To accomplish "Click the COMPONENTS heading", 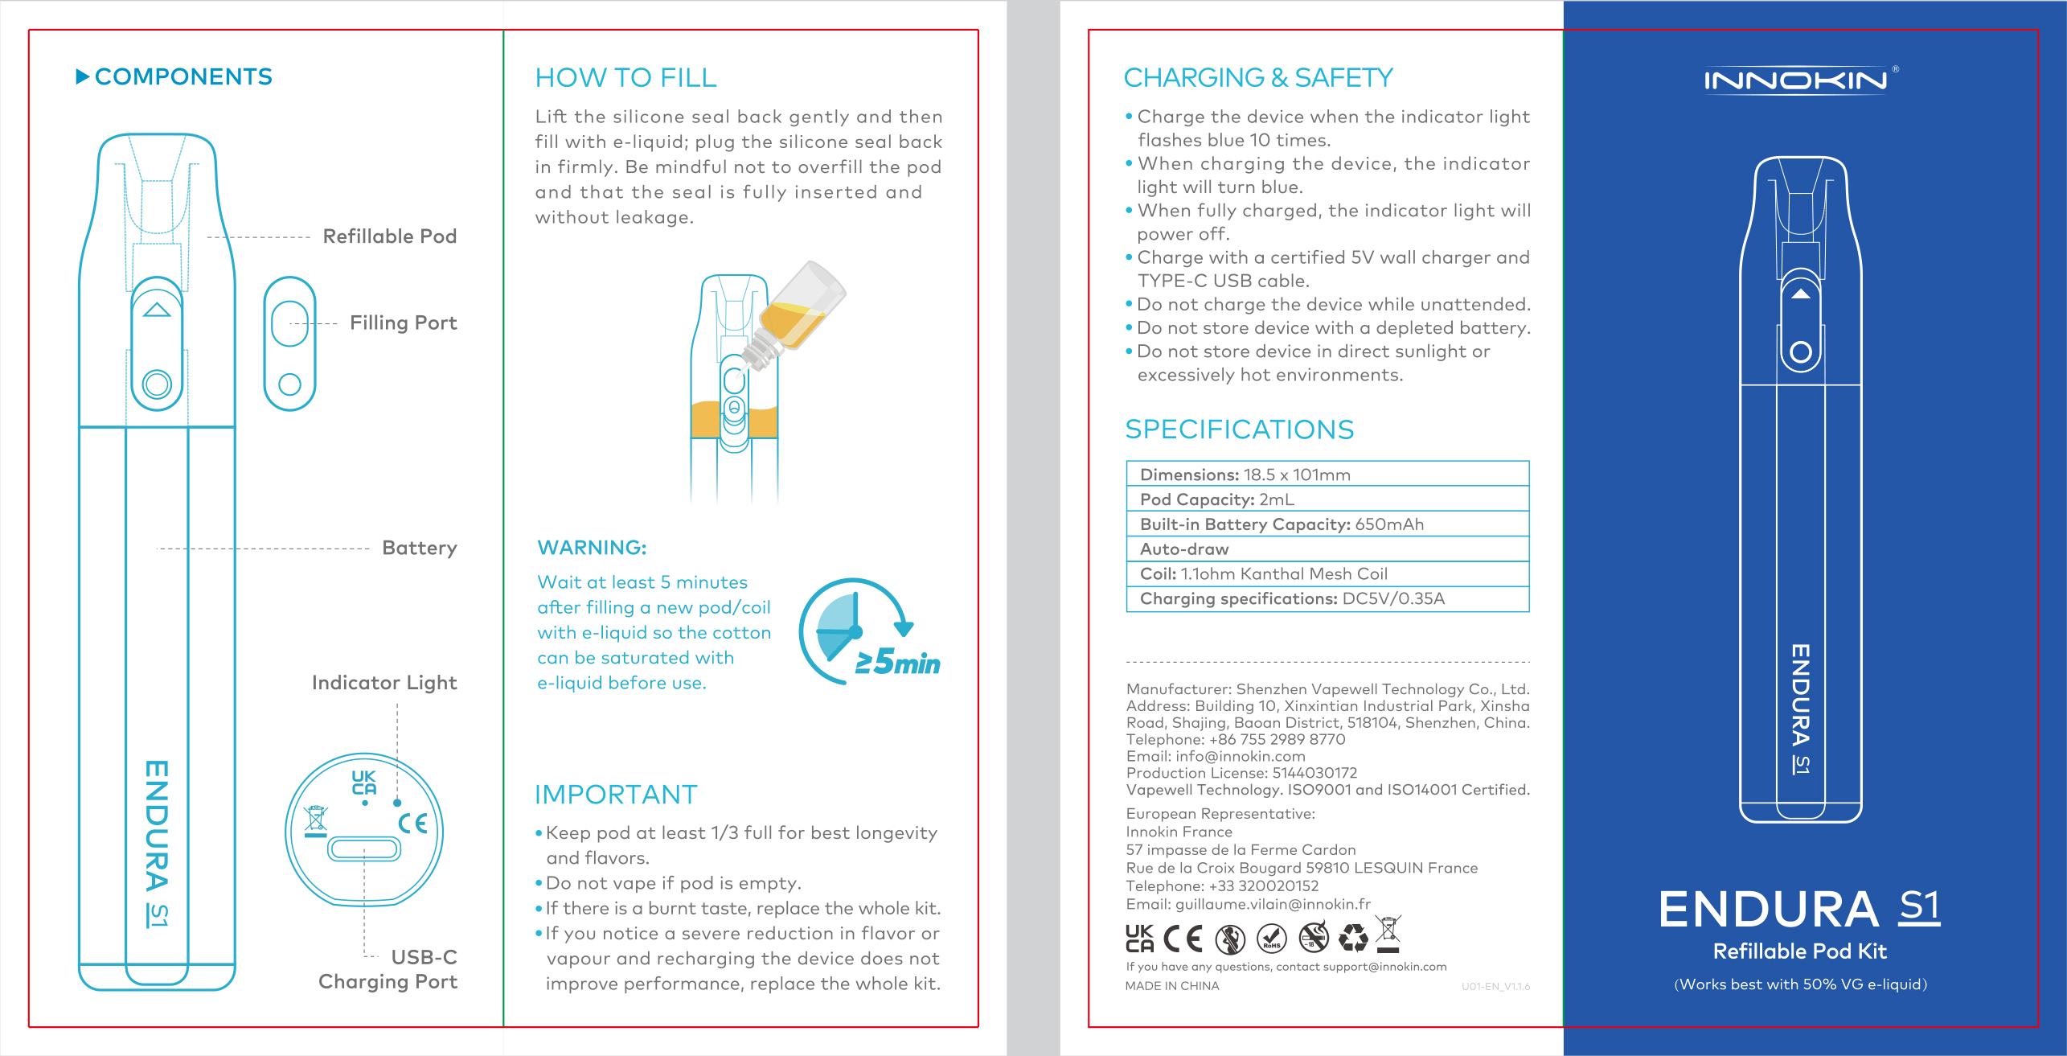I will click(183, 77).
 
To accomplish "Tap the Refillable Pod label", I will click(389, 236).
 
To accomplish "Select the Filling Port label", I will click(403, 323).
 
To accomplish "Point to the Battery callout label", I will click(419, 548).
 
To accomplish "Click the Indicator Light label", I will click(384, 683).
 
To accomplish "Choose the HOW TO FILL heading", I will click(625, 78).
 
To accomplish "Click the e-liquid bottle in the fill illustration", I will click(799, 310).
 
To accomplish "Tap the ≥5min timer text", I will click(898, 663).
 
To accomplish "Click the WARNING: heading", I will click(592, 548).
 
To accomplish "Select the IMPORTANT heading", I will click(616, 795).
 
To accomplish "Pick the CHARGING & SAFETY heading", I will click(1258, 78).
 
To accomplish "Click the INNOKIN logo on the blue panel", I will click(1795, 80).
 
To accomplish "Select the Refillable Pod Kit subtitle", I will click(1800, 951).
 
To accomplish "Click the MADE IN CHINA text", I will click(1172, 986).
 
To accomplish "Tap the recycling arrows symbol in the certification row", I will click(1354, 937).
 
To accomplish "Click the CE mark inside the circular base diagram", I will click(413, 823).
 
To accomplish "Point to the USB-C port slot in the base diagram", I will click(364, 848).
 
